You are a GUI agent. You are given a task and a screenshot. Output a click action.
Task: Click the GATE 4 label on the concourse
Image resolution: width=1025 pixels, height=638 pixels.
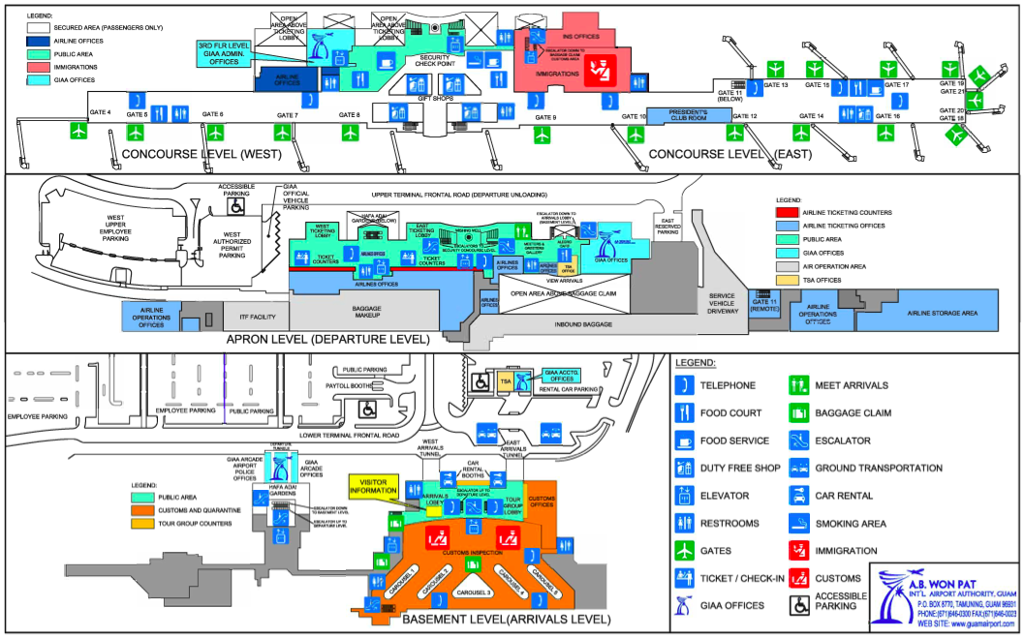[x=100, y=113]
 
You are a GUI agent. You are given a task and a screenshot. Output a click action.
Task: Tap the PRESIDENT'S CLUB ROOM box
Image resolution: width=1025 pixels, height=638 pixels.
[x=689, y=114]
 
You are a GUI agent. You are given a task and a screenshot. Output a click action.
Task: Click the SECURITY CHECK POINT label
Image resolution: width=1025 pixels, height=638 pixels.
[x=433, y=61]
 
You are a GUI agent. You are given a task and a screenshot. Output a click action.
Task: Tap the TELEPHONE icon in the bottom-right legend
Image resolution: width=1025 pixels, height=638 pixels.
[x=686, y=385]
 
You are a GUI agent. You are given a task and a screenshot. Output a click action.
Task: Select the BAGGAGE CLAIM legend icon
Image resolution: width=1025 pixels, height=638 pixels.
[x=800, y=412]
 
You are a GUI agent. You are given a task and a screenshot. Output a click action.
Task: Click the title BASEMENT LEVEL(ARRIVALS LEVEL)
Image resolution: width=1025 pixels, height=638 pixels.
[x=506, y=619]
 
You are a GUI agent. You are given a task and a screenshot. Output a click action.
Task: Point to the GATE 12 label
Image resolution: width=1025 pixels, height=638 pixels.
[x=746, y=116]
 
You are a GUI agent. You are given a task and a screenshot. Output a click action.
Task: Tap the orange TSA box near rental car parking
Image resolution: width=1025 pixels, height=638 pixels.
[x=505, y=383]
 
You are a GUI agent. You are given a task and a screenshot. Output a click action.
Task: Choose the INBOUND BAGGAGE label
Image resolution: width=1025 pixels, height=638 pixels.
[x=583, y=324]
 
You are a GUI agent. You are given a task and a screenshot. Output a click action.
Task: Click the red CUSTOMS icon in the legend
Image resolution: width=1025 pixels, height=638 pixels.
[x=800, y=578]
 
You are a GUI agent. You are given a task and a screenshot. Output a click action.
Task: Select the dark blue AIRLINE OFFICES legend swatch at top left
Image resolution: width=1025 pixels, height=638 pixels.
[x=41, y=42]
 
